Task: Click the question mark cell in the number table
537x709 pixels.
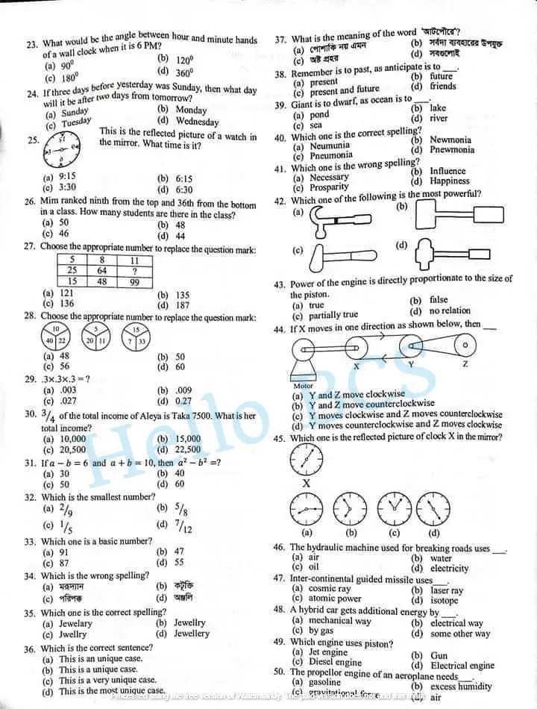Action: [134, 270]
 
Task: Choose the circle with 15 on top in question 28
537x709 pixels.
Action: [135, 335]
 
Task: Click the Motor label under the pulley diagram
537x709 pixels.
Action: [304, 386]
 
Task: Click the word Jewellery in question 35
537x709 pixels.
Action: [192, 633]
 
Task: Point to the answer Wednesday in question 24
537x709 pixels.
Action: [197, 122]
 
